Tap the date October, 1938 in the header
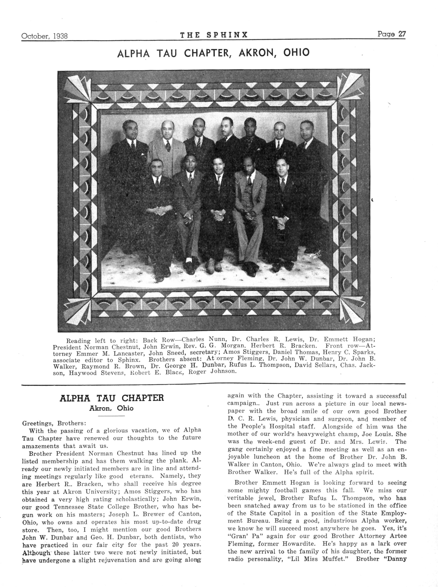point(44,36)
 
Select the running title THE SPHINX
point(214,35)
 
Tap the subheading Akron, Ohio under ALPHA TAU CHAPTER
point(111,408)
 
